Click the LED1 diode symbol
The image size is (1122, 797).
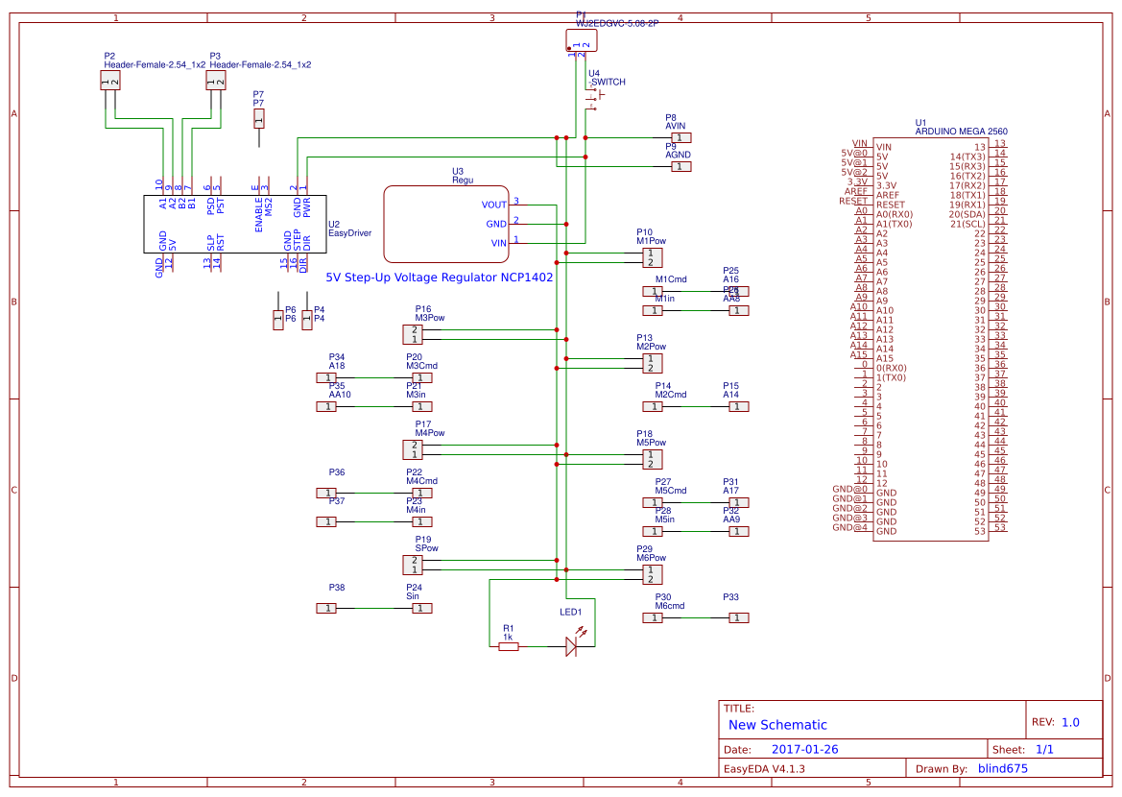tap(571, 646)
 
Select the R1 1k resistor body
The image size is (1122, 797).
tap(509, 646)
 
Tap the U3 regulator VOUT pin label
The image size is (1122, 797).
tap(494, 205)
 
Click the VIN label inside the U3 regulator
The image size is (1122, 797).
tap(498, 243)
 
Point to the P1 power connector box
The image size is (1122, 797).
tap(581, 39)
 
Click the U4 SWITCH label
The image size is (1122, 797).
tap(608, 83)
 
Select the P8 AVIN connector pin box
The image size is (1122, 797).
tap(680, 137)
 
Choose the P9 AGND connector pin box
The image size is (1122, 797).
tap(680, 166)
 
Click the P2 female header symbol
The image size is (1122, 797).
tap(109, 82)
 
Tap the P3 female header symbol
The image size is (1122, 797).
tap(215, 82)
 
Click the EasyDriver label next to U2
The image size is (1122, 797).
tap(349, 233)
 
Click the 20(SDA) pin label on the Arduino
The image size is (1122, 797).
tap(967, 214)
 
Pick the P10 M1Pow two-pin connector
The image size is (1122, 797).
tap(652, 257)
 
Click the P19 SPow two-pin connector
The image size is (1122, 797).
tap(412, 565)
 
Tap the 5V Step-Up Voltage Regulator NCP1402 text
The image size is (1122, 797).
tap(440, 277)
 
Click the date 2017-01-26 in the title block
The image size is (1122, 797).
tap(804, 749)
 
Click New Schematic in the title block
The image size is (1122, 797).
tap(777, 725)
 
